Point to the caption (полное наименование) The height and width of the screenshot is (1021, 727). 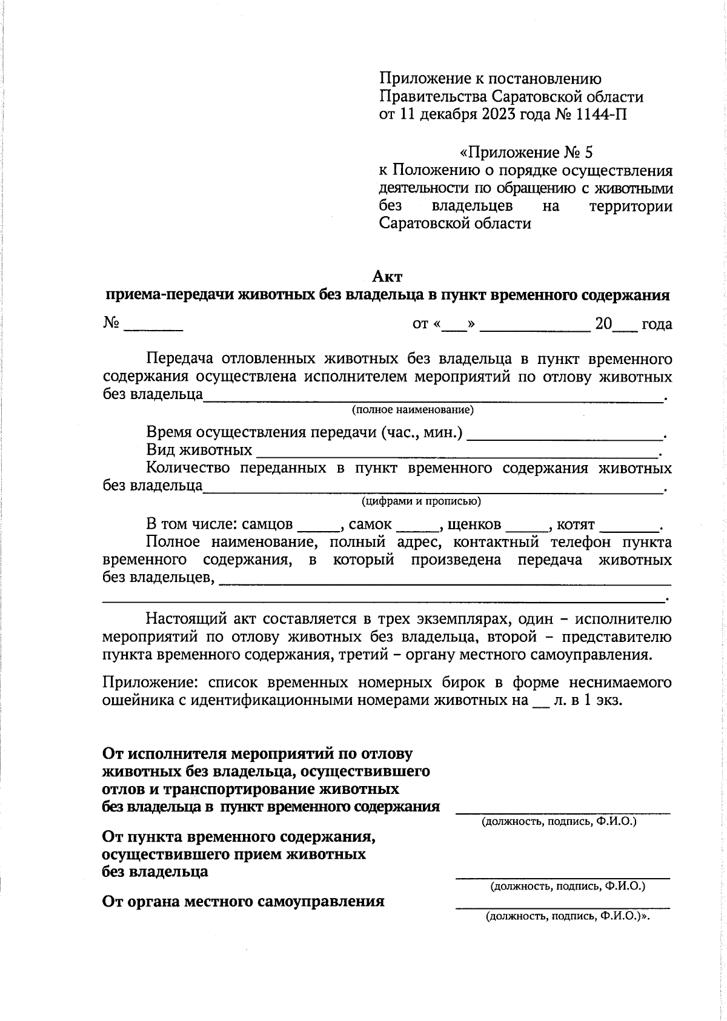(413, 410)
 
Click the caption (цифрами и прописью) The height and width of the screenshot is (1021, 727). (421, 501)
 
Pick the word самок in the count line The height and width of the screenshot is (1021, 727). (370, 524)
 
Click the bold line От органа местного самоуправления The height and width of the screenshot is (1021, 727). (243, 901)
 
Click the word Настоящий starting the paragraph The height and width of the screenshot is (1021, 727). (185, 619)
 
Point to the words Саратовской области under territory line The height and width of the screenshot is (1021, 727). (454, 223)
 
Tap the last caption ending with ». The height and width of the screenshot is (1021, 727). (567, 917)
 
